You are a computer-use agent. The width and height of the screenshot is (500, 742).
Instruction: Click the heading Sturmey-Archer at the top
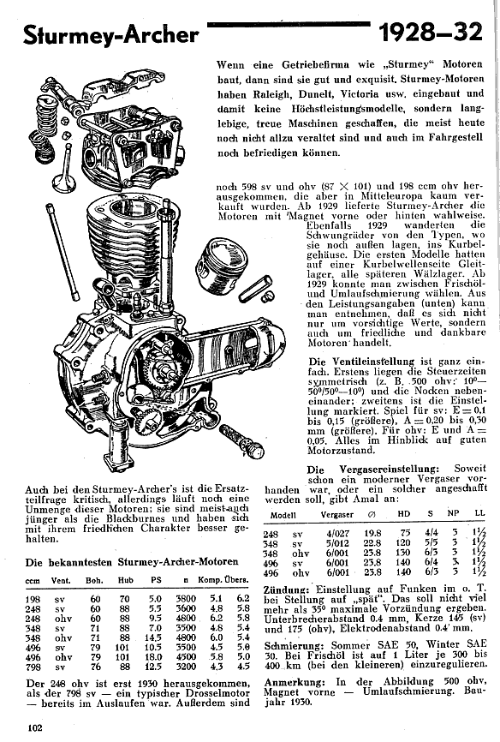pos(111,35)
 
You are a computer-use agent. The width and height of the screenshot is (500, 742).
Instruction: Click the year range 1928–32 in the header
pos(431,33)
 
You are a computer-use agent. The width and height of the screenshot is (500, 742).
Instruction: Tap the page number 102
pos(35,727)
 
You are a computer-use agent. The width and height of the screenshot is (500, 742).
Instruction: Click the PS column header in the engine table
pos(156,580)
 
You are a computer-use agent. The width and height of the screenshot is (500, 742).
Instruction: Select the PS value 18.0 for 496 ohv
pos(154,657)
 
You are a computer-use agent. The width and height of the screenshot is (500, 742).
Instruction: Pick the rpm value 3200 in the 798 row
pos(186,667)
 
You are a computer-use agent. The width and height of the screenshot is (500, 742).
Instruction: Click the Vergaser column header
pos(337,515)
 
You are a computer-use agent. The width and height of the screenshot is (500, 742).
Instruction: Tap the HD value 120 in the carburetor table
pos(403,544)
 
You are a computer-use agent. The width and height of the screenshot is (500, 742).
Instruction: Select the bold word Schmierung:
pos(291,645)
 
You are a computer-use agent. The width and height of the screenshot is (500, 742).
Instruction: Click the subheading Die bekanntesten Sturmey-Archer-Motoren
pos(132,562)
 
